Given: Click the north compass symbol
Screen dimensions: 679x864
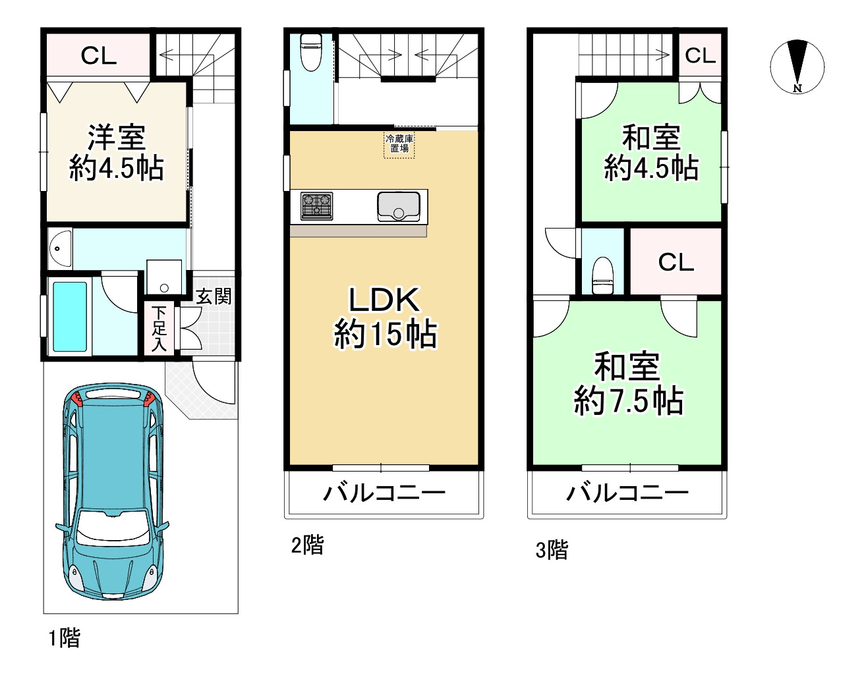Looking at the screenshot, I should click(797, 67).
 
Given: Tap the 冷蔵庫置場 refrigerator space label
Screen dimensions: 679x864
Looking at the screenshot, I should click(399, 144).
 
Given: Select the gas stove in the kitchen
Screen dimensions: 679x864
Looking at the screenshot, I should click(317, 205).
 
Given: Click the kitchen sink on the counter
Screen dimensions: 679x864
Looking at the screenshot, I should click(399, 206).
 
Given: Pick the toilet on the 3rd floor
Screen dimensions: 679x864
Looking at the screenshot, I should click(603, 276).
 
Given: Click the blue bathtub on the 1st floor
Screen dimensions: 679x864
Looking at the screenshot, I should click(69, 316).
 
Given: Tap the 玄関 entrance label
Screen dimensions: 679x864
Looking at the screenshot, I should click(214, 296).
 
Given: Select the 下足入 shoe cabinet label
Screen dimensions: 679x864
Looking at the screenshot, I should click(159, 328).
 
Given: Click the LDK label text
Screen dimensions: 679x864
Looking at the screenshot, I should click(384, 300).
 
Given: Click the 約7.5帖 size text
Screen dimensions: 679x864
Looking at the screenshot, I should click(628, 400).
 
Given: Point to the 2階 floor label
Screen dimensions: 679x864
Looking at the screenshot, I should click(307, 545).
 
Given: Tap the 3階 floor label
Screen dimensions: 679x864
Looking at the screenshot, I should click(552, 549).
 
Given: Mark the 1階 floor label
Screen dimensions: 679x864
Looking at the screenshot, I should click(64, 638).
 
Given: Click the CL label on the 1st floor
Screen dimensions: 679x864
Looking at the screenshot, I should click(99, 56).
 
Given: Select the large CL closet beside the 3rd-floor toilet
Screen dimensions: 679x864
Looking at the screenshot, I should click(676, 262).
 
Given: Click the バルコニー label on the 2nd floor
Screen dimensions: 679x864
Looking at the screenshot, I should click(384, 493).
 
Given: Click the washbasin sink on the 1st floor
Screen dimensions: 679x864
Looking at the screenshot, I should click(60, 248).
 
